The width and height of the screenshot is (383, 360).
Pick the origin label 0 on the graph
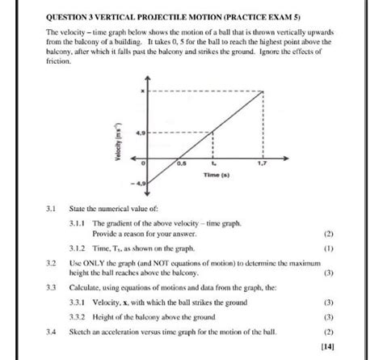tap(142, 163)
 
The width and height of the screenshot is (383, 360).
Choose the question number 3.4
tap(52, 331)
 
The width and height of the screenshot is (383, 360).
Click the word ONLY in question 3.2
tap(93, 263)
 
